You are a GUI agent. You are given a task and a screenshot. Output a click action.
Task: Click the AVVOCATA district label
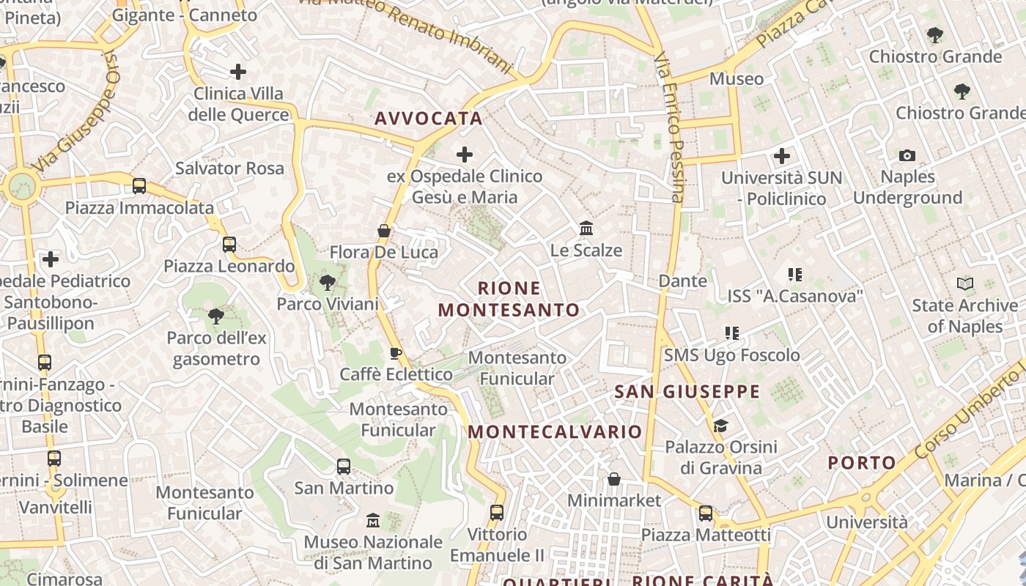coord(429,119)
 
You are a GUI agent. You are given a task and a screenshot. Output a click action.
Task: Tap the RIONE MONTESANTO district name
coord(509,299)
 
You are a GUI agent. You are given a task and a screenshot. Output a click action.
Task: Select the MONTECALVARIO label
coord(555,431)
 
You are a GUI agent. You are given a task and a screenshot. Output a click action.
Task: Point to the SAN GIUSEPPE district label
coord(687,391)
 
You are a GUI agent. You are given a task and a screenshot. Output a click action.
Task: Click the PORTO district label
coord(862,462)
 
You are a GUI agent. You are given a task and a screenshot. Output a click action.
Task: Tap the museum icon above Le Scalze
coord(586,229)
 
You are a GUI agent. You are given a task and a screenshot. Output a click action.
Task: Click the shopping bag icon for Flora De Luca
coord(383,231)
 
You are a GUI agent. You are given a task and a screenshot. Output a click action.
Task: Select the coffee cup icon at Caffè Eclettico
coord(396,354)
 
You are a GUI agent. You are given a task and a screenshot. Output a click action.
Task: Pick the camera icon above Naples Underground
coord(907,155)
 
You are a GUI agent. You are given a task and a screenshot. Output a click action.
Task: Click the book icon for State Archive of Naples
coord(965,283)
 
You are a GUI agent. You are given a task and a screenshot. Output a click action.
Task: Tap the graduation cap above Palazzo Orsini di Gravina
coord(720,426)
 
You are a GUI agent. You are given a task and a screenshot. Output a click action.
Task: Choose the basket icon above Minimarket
coord(614,479)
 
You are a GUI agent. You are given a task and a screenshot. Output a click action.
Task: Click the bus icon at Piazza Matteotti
coord(706,513)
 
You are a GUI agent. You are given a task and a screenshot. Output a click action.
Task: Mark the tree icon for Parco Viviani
coord(328,282)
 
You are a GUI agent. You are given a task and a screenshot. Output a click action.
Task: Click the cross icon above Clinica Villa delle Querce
coord(238,72)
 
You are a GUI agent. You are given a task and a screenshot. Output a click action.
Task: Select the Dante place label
coord(683,281)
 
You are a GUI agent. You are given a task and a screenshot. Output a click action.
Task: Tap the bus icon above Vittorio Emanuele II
coord(497,513)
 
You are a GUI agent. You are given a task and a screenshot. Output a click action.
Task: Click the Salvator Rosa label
coord(229,168)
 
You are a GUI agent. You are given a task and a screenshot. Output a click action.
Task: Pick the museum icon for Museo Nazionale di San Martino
coord(373,520)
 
